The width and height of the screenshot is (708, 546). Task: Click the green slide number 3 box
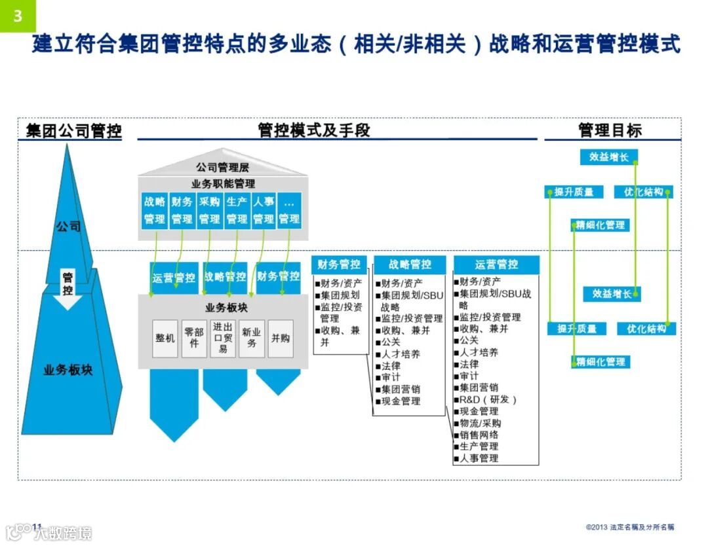[18, 15]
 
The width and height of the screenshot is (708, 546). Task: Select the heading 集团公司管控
[73, 130]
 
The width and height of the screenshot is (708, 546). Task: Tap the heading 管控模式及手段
[314, 130]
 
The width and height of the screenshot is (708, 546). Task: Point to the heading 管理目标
[610, 130]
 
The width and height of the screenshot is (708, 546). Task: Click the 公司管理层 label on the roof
[222, 168]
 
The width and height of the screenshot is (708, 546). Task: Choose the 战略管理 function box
[155, 210]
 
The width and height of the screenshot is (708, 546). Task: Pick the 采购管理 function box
[209, 210]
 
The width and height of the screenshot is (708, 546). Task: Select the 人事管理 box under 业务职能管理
[264, 210]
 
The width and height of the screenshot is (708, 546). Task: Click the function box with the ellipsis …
[289, 210]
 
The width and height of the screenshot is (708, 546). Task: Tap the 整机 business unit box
[165, 338]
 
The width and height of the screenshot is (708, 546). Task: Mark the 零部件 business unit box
[194, 338]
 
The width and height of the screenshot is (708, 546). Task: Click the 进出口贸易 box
[223, 338]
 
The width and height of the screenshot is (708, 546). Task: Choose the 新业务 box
[252, 338]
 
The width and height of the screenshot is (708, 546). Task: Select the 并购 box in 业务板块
[281, 338]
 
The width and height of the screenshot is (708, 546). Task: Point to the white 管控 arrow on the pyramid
[68, 287]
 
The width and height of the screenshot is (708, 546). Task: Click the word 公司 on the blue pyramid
[68, 227]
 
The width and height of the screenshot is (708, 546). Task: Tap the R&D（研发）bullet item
[488, 399]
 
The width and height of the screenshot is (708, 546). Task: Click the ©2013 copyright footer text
[629, 527]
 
